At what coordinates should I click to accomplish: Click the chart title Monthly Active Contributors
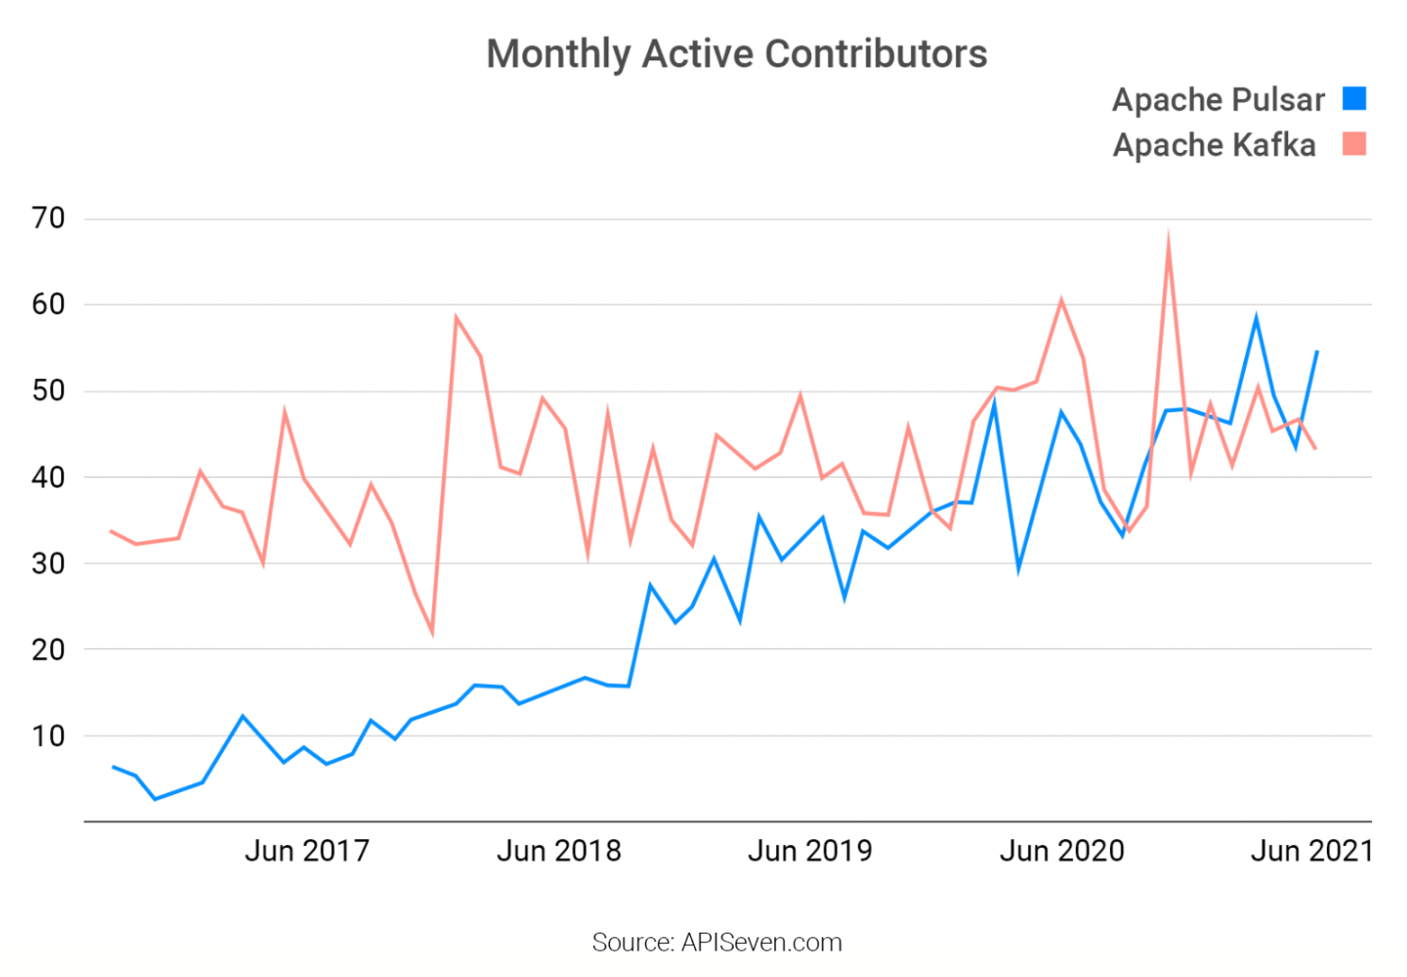737,55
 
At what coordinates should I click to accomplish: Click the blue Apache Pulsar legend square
1354,99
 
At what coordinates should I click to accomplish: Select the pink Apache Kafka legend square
1354,144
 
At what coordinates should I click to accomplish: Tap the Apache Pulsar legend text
1218,100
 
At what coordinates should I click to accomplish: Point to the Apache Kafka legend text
1214,145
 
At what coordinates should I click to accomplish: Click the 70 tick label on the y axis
48,219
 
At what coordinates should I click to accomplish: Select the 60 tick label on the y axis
48,305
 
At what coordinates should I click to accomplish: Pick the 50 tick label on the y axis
48,390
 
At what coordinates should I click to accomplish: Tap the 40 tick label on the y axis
48,477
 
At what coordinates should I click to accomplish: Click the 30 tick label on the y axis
48,563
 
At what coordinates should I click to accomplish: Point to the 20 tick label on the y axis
48,650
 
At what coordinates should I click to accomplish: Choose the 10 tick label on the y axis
48,736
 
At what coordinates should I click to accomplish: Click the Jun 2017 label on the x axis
306,851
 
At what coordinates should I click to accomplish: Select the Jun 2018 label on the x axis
558,851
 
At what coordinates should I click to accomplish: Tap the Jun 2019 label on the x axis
810,851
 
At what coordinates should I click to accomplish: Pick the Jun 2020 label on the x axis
1062,851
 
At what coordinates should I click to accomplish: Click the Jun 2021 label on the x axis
1311,851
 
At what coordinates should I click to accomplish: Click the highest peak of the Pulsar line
1256,319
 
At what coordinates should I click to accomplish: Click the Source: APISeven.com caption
717,942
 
